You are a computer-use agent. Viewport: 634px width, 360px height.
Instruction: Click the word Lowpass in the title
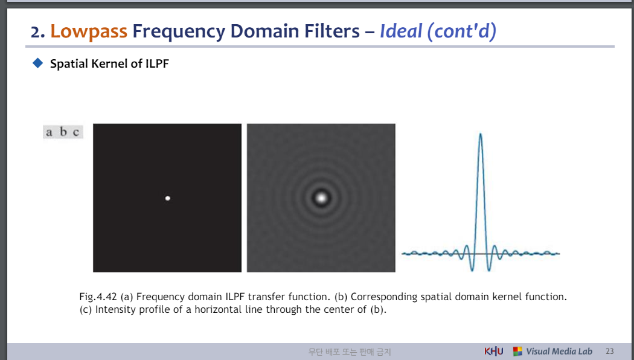[x=89, y=31]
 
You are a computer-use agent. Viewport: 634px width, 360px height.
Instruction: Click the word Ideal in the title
[x=401, y=31]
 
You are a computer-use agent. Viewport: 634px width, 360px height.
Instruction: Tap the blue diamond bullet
[x=37, y=63]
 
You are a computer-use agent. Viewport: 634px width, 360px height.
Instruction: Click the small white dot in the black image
[x=167, y=198]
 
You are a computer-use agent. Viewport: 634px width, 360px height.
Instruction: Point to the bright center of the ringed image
[x=321, y=198]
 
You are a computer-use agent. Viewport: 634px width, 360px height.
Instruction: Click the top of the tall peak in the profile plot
[x=481, y=133]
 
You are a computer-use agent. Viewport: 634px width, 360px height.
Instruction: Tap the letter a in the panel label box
[x=49, y=132]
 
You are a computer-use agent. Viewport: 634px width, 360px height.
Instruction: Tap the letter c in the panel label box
[x=76, y=132]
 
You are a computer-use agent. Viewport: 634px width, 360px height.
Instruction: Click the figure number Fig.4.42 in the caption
[x=98, y=297]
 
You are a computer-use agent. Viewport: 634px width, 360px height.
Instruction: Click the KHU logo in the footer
[x=494, y=351]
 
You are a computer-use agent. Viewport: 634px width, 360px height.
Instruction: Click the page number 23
[x=610, y=352]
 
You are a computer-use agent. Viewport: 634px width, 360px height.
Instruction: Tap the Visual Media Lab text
[x=559, y=352]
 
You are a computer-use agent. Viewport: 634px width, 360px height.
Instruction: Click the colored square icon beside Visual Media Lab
[x=517, y=351]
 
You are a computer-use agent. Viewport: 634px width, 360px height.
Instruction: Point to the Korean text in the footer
[x=350, y=352]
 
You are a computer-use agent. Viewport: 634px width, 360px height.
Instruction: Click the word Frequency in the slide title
[x=179, y=31]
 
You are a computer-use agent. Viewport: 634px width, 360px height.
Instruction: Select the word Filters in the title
[x=332, y=31]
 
